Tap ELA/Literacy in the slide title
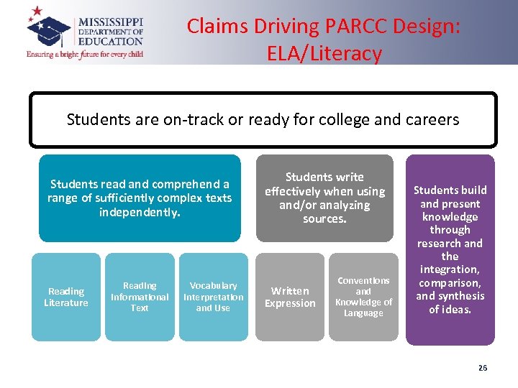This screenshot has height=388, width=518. coord(324,53)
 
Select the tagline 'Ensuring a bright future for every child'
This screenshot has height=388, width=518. coord(85,54)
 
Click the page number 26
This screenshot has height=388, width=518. coord(482,368)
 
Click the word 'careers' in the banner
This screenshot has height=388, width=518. coord(430,119)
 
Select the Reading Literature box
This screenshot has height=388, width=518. coord(66,297)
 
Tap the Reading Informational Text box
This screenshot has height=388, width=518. coord(140,297)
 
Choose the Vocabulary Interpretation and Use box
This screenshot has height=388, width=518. coord(213,297)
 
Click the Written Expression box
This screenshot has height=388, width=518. coord(290,297)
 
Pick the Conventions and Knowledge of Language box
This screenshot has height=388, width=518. coord(363,297)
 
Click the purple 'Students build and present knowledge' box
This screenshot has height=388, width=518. coord(450,249)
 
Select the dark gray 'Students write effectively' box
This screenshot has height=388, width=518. coord(324,198)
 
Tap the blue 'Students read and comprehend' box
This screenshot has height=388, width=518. coord(140,198)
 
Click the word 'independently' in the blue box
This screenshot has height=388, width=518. coord(139,213)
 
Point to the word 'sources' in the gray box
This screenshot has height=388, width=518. coord(324,219)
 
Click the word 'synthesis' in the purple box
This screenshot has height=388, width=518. coord(460,296)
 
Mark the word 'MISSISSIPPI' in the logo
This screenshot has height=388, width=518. coord(111,22)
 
